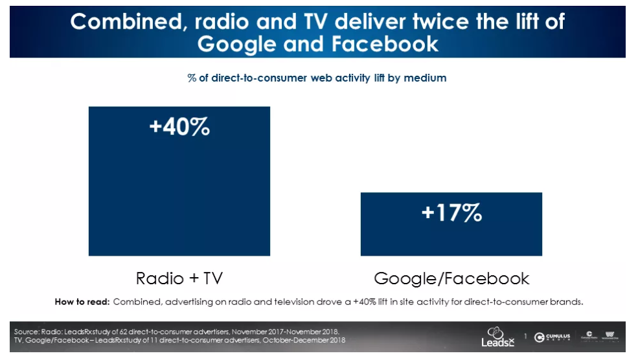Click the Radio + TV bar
[179, 194]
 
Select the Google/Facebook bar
[451, 233]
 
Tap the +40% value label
[179, 126]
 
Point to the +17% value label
[451, 212]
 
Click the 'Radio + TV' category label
[179, 278]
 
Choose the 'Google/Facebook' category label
[451, 278]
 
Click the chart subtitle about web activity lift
[317, 78]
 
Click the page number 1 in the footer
[525, 336]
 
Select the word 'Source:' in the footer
[26, 332]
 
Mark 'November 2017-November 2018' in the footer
[291, 332]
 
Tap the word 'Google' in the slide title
[235, 44]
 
